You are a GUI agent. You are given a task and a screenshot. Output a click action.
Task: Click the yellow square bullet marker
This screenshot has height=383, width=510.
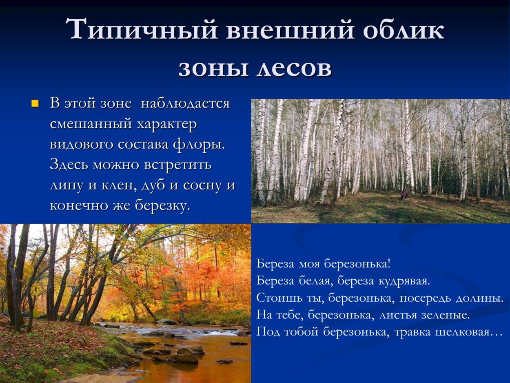pos(35,103)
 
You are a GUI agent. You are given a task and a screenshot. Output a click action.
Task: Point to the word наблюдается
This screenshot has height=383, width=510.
pos(185,103)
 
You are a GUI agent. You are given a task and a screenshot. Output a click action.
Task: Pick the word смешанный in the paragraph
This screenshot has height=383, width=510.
pos(90,124)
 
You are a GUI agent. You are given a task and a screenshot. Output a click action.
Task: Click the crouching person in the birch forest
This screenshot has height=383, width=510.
pos(404,194)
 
